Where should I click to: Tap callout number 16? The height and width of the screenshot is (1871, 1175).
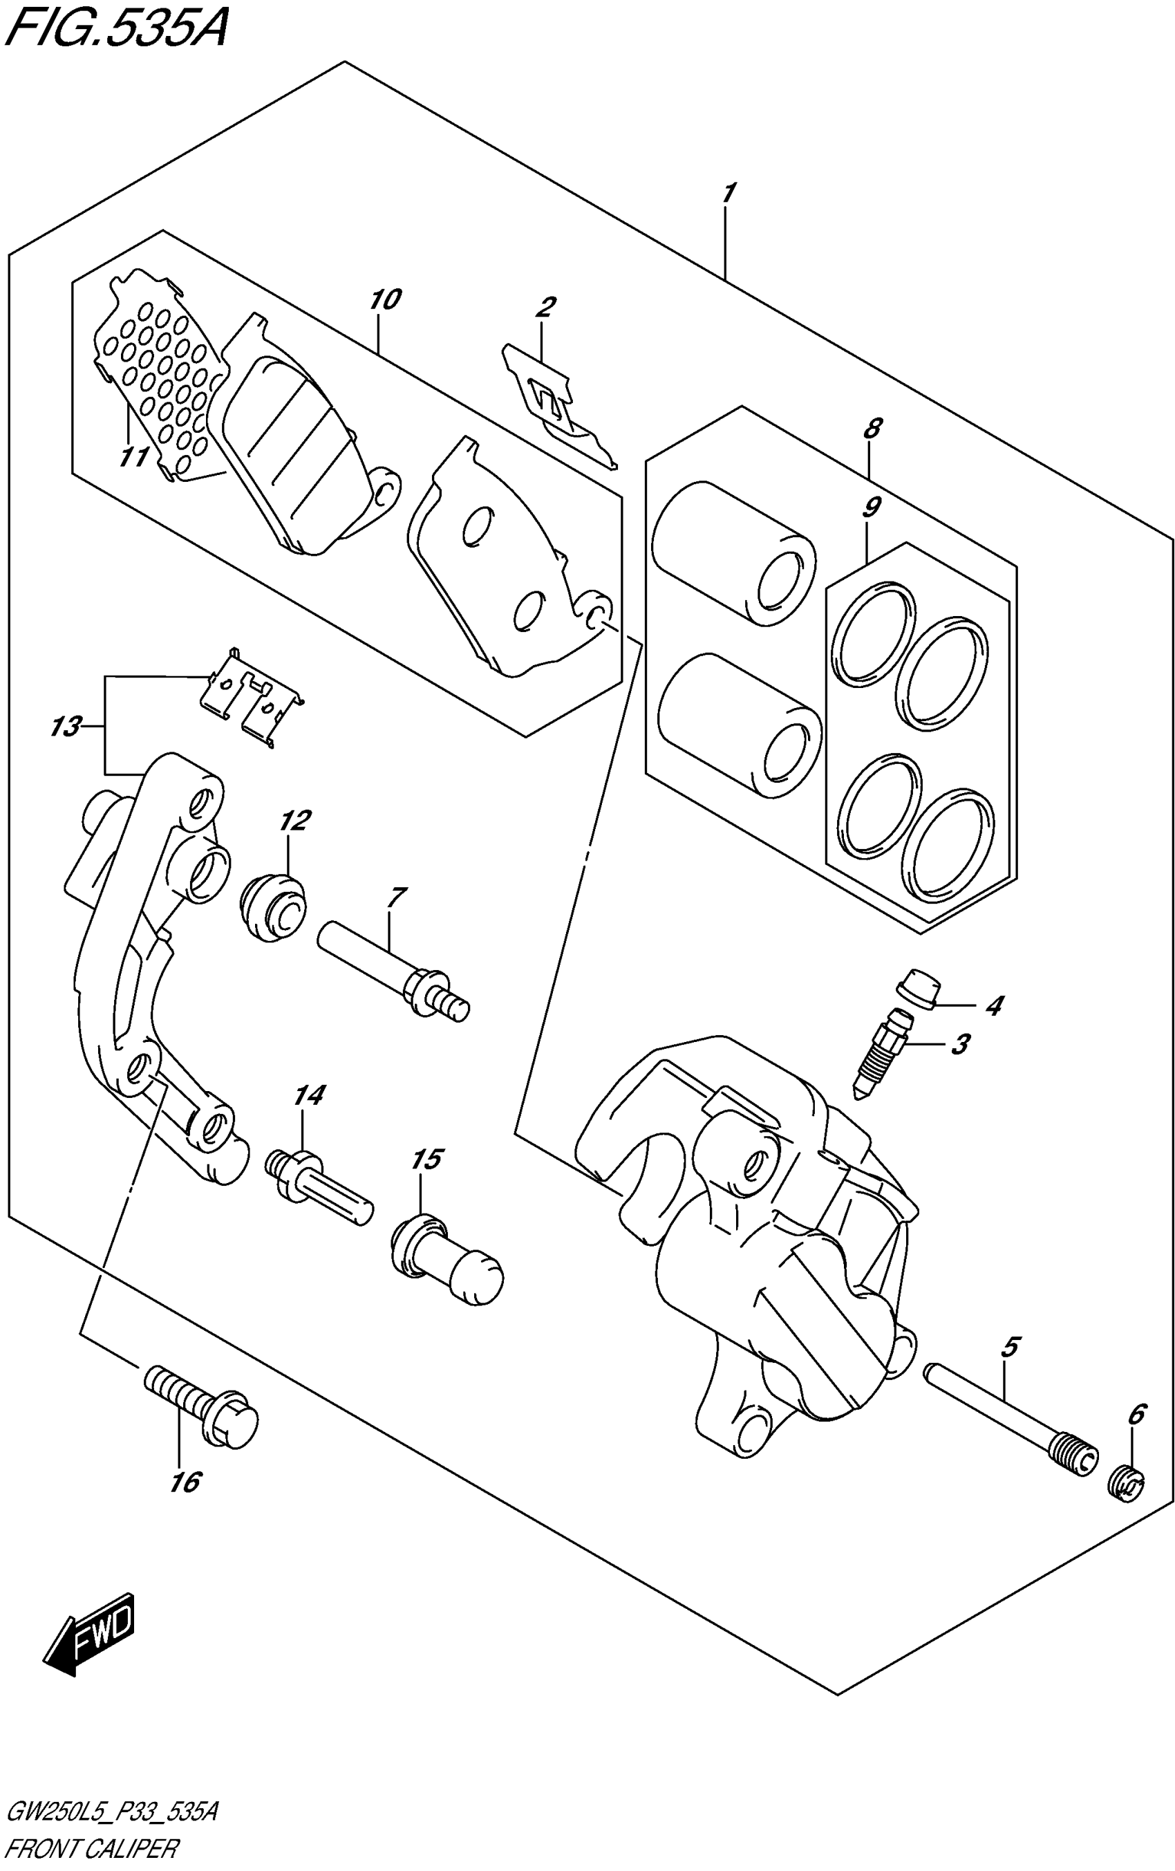[x=185, y=1482]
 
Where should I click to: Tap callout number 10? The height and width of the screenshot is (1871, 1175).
[x=385, y=299]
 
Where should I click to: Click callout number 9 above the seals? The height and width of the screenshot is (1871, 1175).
[x=871, y=507]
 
